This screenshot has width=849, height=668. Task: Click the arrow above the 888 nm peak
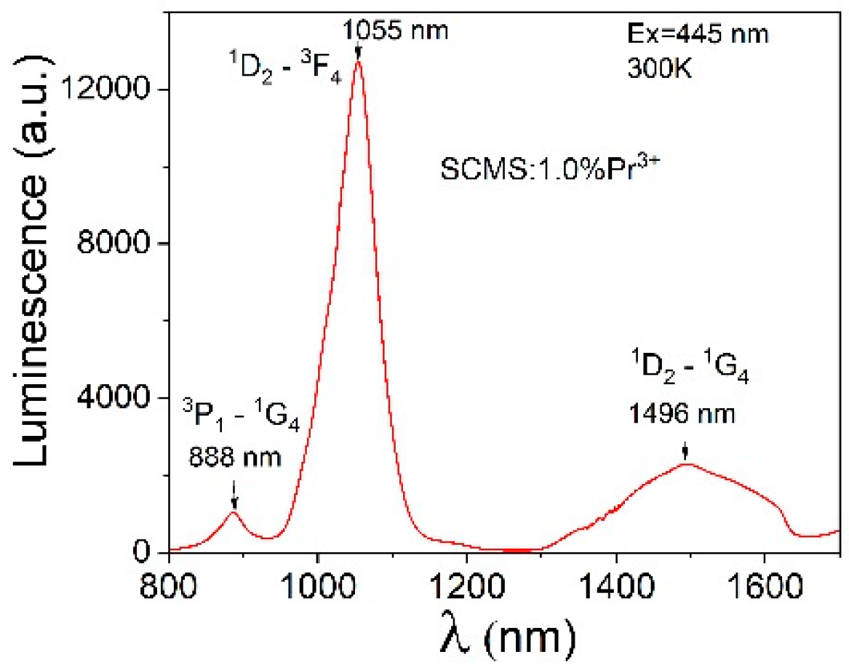tap(234, 495)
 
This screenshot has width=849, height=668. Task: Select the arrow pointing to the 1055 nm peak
tap(358, 51)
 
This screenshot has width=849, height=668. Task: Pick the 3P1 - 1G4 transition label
tap(234, 423)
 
